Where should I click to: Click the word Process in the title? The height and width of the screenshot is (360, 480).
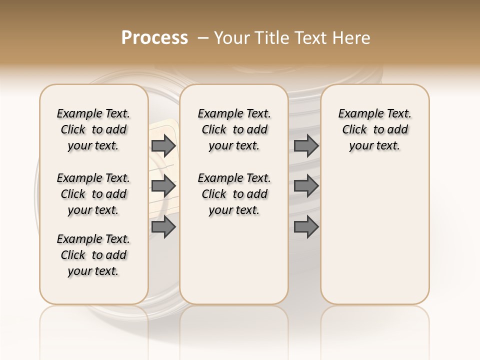coord(154,38)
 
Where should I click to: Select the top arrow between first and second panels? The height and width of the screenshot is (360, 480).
coord(163,145)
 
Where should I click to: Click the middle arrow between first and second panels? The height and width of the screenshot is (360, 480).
coord(163,186)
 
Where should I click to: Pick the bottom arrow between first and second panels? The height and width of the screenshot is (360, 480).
coord(163,227)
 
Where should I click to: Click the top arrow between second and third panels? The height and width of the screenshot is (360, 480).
coord(306,145)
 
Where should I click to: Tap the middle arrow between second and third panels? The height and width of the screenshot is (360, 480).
coord(306,186)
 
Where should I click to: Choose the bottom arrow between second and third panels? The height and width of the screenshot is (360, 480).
coord(306,227)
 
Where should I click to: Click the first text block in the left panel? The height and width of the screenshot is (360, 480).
coord(93,129)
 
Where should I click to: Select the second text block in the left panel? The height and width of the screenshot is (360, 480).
coord(93,194)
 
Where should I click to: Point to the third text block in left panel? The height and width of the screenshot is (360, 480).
coord(93,255)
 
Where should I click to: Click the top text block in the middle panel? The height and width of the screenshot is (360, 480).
coord(234,129)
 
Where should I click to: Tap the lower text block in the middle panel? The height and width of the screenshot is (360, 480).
coord(234,194)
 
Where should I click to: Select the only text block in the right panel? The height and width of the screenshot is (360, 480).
coord(374,129)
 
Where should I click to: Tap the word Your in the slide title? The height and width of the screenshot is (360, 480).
coord(231,38)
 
